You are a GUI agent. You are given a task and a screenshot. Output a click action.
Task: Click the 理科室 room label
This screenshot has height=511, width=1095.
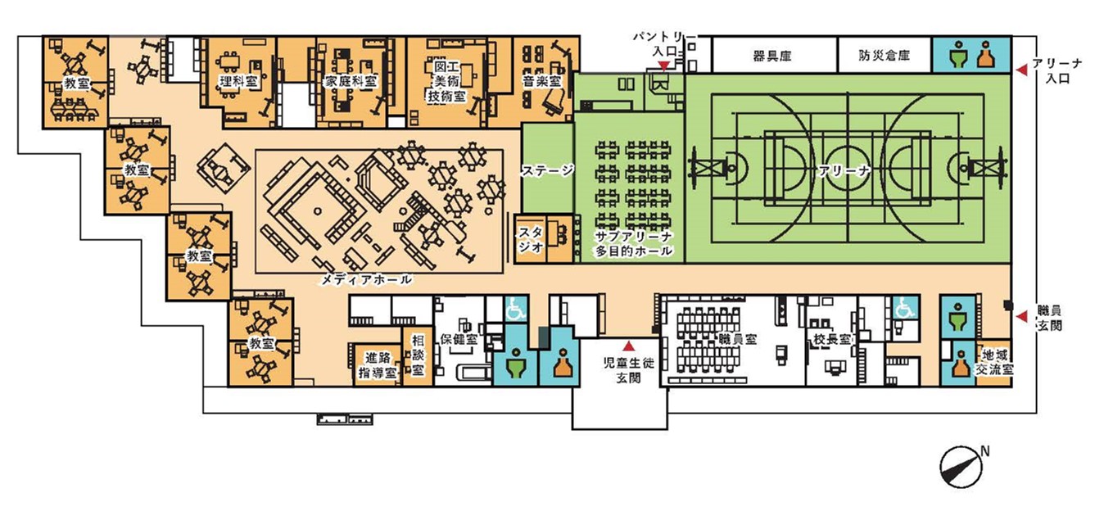click(x=238, y=81)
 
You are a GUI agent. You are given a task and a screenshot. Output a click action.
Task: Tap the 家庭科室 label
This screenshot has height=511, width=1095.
click(x=350, y=81)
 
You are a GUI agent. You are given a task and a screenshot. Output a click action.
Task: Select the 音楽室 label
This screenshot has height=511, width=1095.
click(x=541, y=81)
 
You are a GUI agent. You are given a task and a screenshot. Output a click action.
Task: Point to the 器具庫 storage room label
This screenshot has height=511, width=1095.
click(x=771, y=57)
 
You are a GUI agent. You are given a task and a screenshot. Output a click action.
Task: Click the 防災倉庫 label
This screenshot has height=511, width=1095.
click(x=884, y=55)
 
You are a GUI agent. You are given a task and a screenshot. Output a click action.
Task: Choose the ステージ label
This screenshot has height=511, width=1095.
click(x=547, y=170)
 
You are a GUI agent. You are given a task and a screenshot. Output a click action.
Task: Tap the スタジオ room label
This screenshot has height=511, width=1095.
click(x=531, y=240)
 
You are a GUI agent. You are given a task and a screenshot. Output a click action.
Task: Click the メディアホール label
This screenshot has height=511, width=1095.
click(x=365, y=280)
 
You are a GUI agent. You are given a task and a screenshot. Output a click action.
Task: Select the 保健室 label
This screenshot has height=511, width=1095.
click(x=459, y=338)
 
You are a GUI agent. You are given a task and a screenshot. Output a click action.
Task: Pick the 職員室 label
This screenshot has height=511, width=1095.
click(x=738, y=338)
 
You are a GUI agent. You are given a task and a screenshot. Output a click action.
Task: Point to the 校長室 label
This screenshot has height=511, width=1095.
click(x=832, y=338)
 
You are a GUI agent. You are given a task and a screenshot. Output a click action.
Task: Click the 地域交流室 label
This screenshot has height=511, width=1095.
click(x=994, y=362)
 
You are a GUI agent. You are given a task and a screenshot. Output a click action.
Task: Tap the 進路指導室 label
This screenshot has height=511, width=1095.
click(x=378, y=365)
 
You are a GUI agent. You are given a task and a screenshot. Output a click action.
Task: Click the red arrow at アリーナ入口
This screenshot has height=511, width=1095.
click(x=1021, y=70)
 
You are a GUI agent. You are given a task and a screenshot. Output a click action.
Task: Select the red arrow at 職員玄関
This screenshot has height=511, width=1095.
click(x=1021, y=317)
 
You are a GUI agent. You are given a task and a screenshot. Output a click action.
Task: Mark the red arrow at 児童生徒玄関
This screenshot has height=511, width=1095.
click(x=629, y=346)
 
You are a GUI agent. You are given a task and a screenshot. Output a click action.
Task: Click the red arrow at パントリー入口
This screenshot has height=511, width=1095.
click(x=664, y=66)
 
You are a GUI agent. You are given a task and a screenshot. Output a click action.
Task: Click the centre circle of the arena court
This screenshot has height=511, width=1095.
click(x=848, y=170)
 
